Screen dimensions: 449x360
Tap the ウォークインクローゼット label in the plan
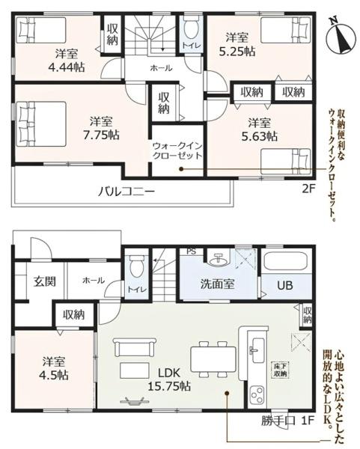[177, 151]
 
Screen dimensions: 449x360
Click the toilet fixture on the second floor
[191, 31]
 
